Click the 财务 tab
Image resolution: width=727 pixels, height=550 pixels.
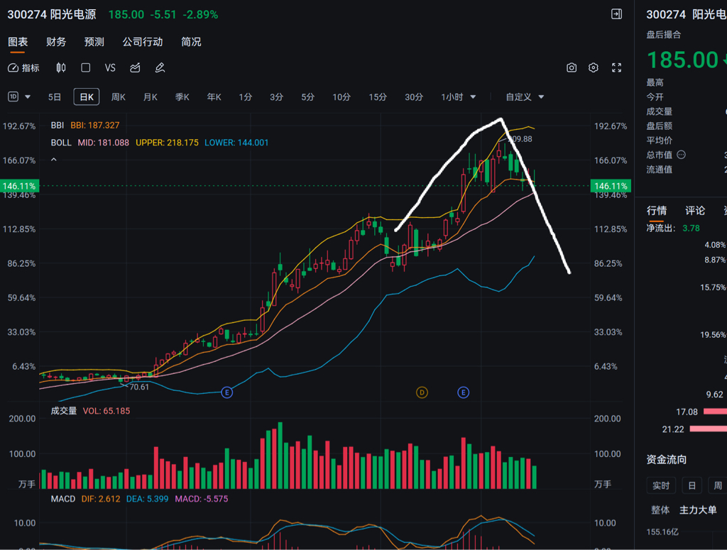coord(56,42)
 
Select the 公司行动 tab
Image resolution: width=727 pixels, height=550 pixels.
coord(142,42)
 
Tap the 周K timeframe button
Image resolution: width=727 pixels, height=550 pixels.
coord(119,97)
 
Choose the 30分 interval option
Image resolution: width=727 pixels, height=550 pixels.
coord(414,97)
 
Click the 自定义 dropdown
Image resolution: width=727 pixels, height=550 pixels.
coord(525,97)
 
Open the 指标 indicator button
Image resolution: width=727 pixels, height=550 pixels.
coord(24,68)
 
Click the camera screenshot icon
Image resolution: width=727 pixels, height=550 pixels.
coord(572,68)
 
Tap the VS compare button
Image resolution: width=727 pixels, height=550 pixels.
coord(110,68)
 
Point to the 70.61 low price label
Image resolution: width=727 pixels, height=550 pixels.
coord(138,387)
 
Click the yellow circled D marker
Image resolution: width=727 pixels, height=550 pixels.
coord(422,392)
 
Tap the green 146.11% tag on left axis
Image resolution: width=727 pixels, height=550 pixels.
coord(19,186)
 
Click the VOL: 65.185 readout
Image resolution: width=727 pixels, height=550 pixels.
coord(106,411)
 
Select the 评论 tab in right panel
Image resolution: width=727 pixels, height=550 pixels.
coord(695,211)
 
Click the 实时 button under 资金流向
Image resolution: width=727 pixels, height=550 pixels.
coord(661,485)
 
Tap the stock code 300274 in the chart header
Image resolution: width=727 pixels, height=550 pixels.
coord(28,15)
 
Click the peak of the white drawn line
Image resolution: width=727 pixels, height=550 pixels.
coord(501,119)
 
